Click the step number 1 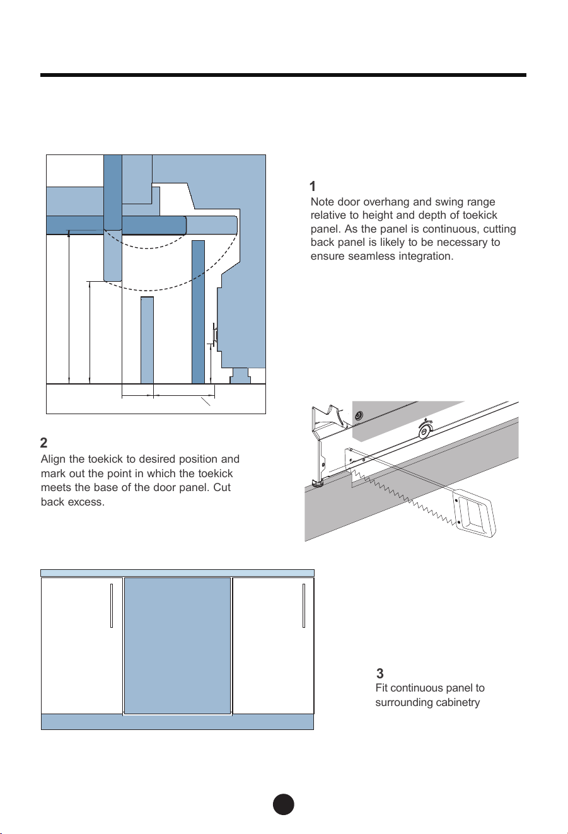(x=313, y=186)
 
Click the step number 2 (x=44, y=443)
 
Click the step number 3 (x=380, y=673)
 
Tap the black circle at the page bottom (x=283, y=804)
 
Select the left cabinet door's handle (x=112, y=606)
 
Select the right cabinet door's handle (x=304, y=606)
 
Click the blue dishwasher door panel (x=177, y=646)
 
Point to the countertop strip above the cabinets (x=177, y=573)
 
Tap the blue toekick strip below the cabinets (x=177, y=722)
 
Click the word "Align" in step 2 (x=53, y=460)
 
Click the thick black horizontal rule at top (x=283, y=75)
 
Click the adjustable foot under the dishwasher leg (x=317, y=484)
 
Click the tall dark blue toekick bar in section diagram (x=198, y=312)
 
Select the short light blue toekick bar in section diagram (x=147, y=340)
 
